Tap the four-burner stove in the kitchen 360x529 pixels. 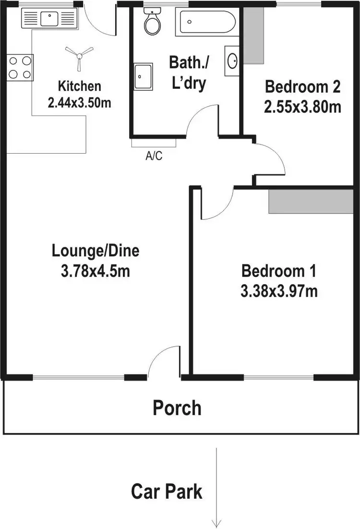(x=20, y=68)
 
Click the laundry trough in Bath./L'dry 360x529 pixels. (x=143, y=76)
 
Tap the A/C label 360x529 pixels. (x=154, y=156)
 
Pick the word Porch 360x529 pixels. (x=177, y=408)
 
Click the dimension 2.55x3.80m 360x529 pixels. (x=302, y=106)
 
